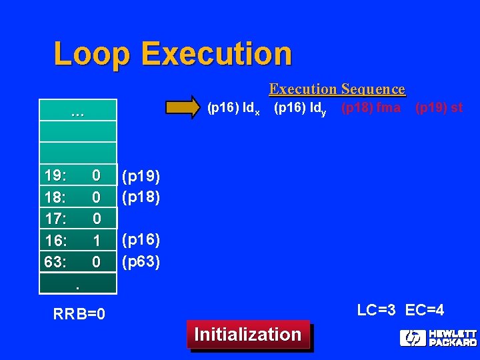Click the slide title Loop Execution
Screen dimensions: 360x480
173,54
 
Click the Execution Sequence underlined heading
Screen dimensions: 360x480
337,89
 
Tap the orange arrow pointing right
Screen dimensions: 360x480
182,107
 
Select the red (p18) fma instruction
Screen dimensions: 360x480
371,107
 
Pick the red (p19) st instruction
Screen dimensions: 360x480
438,107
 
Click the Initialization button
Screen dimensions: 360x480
247,334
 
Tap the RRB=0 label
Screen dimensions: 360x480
79,313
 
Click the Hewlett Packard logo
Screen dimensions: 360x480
437,337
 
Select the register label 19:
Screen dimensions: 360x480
55,175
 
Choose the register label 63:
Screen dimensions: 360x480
55,262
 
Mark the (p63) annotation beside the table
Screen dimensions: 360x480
140,261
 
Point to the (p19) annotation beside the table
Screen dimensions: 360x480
140,177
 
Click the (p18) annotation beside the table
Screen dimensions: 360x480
140,197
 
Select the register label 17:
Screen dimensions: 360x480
55,219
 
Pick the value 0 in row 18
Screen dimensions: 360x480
97,197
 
